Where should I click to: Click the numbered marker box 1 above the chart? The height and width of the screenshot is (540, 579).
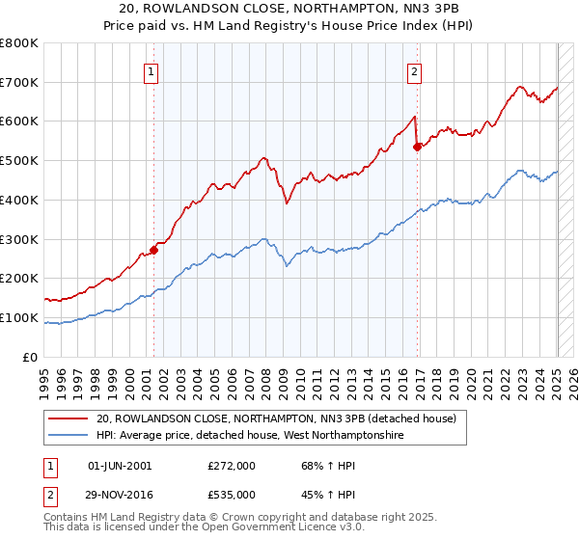(152, 70)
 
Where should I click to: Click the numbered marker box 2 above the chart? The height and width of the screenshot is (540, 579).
(414, 70)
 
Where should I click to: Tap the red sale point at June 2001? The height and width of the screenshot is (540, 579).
(153, 250)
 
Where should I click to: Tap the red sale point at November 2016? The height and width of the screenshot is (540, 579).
(418, 147)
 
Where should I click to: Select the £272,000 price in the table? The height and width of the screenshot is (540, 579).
(232, 466)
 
